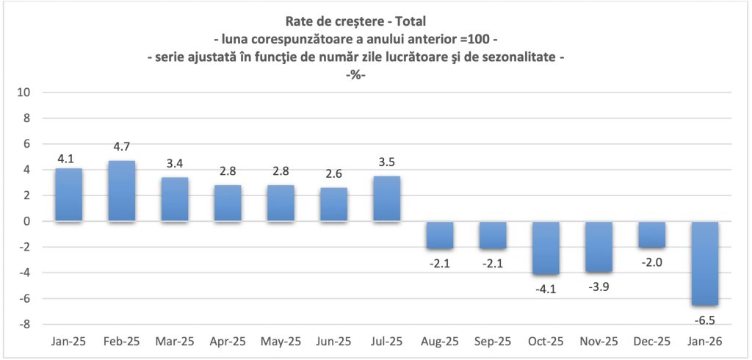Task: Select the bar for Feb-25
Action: pyautogui.click(x=122, y=191)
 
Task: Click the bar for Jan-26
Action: pyautogui.click(x=704, y=263)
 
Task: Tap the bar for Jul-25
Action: pyautogui.click(x=386, y=198)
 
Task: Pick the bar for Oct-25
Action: pyautogui.click(x=546, y=248)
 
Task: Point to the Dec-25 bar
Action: pyautogui.click(x=651, y=234)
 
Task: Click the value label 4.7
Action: pyautogui.click(x=122, y=147)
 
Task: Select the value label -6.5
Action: pyautogui.click(x=704, y=319)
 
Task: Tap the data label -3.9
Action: pyautogui.click(x=599, y=286)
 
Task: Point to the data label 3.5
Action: pyautogui.click(x=386, y=162)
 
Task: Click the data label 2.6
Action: pyautogui.click(x=333, y=174)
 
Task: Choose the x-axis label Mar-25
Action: pyautogui.click(x=175, y=342)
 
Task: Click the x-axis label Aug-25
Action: pyautogui.click(x=439, y=342)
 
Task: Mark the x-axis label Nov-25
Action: pyautogui.click(x=599, y=342)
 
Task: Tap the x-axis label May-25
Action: pyautogui.click(x=281, y=342)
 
